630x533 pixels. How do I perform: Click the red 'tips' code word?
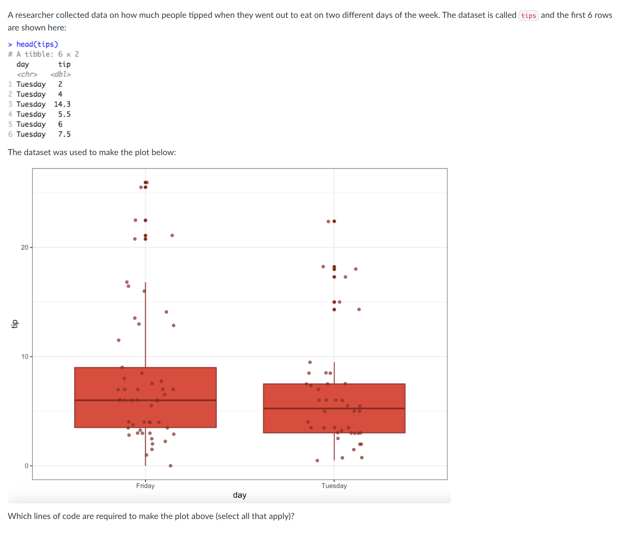click(528, 15)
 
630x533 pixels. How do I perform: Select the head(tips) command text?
click(37, 44)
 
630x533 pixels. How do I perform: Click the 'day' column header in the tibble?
click(23, 64)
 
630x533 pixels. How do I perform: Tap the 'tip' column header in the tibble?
click(64, 64)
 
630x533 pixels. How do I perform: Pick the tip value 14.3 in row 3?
click(62, 104)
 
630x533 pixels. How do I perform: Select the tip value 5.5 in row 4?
click(64, 114)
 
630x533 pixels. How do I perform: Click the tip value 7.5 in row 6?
click(64, 134)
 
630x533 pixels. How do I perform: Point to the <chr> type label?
click(27, 74)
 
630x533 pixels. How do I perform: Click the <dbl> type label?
click(61, 74)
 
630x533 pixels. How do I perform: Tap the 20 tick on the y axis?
click(24, 248)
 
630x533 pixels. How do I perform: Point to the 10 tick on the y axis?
click(24, 357)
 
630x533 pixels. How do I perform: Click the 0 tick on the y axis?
click(26, 466)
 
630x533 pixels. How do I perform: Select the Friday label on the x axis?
click(145, 486)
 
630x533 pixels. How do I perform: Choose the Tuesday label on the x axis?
click(334, 486)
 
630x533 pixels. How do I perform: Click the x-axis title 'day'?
click(240, 495)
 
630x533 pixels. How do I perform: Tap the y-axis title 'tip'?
click(15, 324)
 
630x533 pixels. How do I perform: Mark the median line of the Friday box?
click(105, 400)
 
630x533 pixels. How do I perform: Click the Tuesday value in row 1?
click(31, 84)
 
